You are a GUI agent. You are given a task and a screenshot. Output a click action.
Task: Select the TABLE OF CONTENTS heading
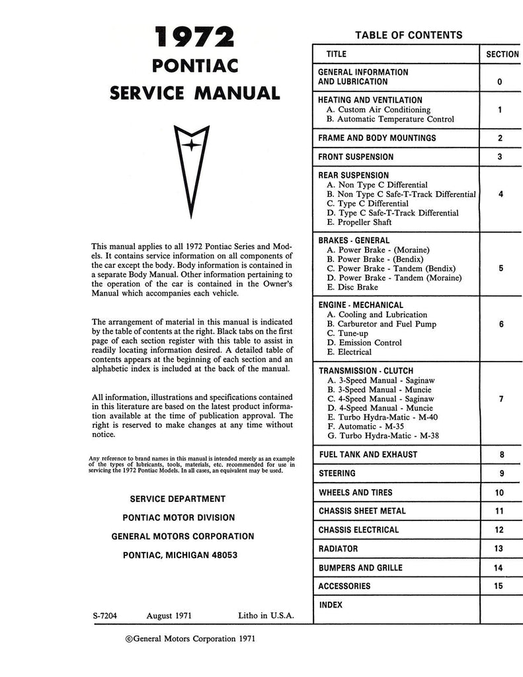point(409,35)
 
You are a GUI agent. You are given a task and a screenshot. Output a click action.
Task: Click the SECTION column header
point(502,54)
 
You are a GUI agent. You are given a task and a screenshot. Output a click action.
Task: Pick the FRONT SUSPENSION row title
point(356,157)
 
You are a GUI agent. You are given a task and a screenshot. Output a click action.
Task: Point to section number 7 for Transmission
point(501,399)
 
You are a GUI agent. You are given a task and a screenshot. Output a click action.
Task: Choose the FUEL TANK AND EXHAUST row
point(368,455)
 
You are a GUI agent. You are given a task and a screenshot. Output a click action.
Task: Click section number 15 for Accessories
point(498,586)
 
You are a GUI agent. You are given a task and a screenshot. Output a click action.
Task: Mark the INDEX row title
point(331,605)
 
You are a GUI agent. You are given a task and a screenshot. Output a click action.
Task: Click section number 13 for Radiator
point(498,549)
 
